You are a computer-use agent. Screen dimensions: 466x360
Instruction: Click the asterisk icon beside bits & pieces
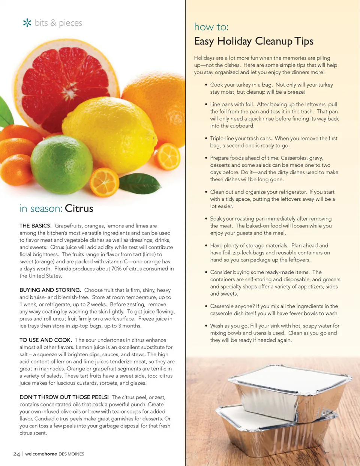27,23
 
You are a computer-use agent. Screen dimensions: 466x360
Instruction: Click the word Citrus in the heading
79,208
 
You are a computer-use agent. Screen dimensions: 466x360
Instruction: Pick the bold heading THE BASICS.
36,226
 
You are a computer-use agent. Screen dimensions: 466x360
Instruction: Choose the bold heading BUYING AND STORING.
50,290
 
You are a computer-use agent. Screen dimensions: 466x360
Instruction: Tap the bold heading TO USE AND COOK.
46,340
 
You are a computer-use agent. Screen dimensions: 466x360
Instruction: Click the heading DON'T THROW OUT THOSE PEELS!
64,397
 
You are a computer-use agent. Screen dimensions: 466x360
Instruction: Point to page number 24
16,454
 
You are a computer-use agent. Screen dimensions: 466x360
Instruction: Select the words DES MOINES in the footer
71,454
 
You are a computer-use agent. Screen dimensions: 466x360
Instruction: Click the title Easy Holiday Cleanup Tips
254,41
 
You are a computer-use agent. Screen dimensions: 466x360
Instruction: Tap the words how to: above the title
211,27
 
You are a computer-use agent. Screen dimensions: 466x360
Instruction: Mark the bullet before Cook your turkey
206,85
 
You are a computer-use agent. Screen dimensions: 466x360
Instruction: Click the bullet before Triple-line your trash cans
206,139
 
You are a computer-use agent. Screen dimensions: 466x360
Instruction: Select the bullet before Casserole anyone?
206,306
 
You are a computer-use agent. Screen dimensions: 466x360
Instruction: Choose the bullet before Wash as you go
206,326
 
